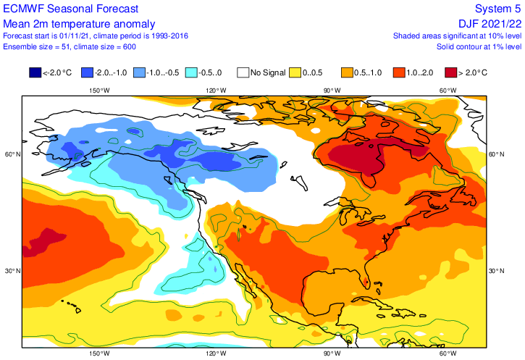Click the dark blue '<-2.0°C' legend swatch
[35, 72]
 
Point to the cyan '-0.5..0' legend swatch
[191, 72]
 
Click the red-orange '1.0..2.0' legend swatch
[398, 72]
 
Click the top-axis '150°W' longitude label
[99, 91]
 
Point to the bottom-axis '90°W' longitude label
[332, 353]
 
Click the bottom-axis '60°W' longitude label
[448, 353]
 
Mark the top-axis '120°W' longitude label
[215, 91]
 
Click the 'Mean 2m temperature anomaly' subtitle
[71, 22]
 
